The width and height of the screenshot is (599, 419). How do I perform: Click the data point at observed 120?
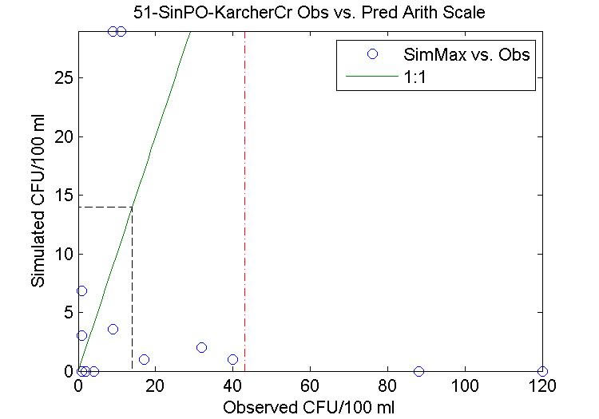pos(542,371)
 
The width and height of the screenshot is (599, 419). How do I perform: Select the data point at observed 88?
pos(419,371)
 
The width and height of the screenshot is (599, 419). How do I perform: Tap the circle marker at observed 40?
pos(232,359)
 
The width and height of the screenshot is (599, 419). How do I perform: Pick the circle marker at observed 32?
pos(201,347)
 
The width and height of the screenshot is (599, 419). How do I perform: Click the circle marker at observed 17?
pos(144,359)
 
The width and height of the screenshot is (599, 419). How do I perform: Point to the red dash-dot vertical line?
pos(244,200)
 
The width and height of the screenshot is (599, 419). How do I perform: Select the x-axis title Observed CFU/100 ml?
pos(309,407)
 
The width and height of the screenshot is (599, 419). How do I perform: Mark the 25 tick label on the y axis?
pos(62,78)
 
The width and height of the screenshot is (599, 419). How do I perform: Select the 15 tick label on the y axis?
pos(62,196)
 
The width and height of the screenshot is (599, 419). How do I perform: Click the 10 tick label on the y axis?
pos(62,254)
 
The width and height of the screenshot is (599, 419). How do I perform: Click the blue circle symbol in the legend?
pos(371,55)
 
